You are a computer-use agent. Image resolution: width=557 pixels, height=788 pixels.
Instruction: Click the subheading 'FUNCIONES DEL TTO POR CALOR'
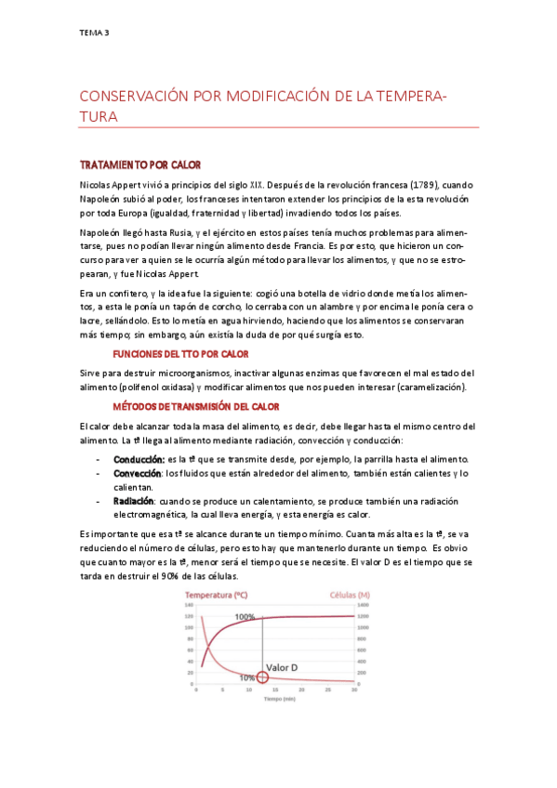tap(179, 354)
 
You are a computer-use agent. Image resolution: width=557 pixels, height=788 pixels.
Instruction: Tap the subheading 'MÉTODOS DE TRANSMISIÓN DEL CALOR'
tap(192, 407)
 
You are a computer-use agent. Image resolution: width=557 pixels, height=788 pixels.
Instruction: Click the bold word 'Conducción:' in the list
tap(139, 459)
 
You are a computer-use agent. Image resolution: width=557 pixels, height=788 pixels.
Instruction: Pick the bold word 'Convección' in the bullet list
tap(138, 472)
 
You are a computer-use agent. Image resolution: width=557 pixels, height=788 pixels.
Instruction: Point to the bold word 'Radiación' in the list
tap(135, 500)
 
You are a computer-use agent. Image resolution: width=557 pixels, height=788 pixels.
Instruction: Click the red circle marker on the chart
tap(263, 677)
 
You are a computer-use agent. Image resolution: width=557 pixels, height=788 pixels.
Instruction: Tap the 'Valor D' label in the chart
tap(283, 667)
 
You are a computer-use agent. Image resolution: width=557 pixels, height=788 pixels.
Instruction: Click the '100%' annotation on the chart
tap(245, 617)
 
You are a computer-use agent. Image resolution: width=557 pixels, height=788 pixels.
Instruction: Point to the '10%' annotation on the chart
tap(247, 678)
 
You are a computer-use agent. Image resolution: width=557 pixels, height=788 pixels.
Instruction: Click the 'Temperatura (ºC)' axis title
tap(216, 594)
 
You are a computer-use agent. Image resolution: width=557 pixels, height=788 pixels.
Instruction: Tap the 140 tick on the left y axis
tap(188, 605)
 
